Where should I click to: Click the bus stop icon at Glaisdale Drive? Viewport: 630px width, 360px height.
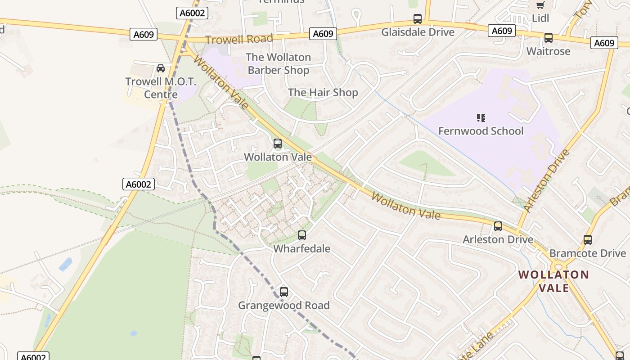tap(418, 19)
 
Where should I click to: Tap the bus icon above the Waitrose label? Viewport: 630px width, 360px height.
tap(548, 38)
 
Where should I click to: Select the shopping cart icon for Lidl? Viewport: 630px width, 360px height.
tap(540, 5)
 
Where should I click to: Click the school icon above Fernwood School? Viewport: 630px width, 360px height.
tap(481, 118)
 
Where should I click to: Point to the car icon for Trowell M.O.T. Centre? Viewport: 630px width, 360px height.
tap(161, 68)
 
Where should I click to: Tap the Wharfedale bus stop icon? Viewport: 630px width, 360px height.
tap(302, 235)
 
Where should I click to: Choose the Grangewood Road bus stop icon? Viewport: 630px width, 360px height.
tap(284, 292)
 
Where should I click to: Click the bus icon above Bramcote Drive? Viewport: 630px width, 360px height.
tap(588, 240)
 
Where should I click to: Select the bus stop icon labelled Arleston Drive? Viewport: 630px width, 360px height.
tap(498, 226)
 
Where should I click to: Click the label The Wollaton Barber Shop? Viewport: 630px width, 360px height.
tap(278, 63)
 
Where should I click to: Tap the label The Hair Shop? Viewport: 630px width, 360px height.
tap(323, 93)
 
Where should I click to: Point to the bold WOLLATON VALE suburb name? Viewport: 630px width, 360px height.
tap(553, 281)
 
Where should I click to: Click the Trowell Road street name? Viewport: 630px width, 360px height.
tap(239, 39)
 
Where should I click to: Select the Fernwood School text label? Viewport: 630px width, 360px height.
tap(481, 131)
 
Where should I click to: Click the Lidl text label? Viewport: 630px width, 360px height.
tap(540, 18)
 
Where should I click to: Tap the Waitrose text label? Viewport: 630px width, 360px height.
tap(548, 51)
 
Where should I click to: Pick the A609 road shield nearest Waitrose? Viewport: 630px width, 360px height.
tap(604, 43)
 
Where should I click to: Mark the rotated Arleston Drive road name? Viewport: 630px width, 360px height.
tap(547, 180)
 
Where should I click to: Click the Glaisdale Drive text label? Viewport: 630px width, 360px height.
tap(418, 32)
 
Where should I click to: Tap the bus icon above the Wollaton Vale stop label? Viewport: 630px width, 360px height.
tap(278, 144)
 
